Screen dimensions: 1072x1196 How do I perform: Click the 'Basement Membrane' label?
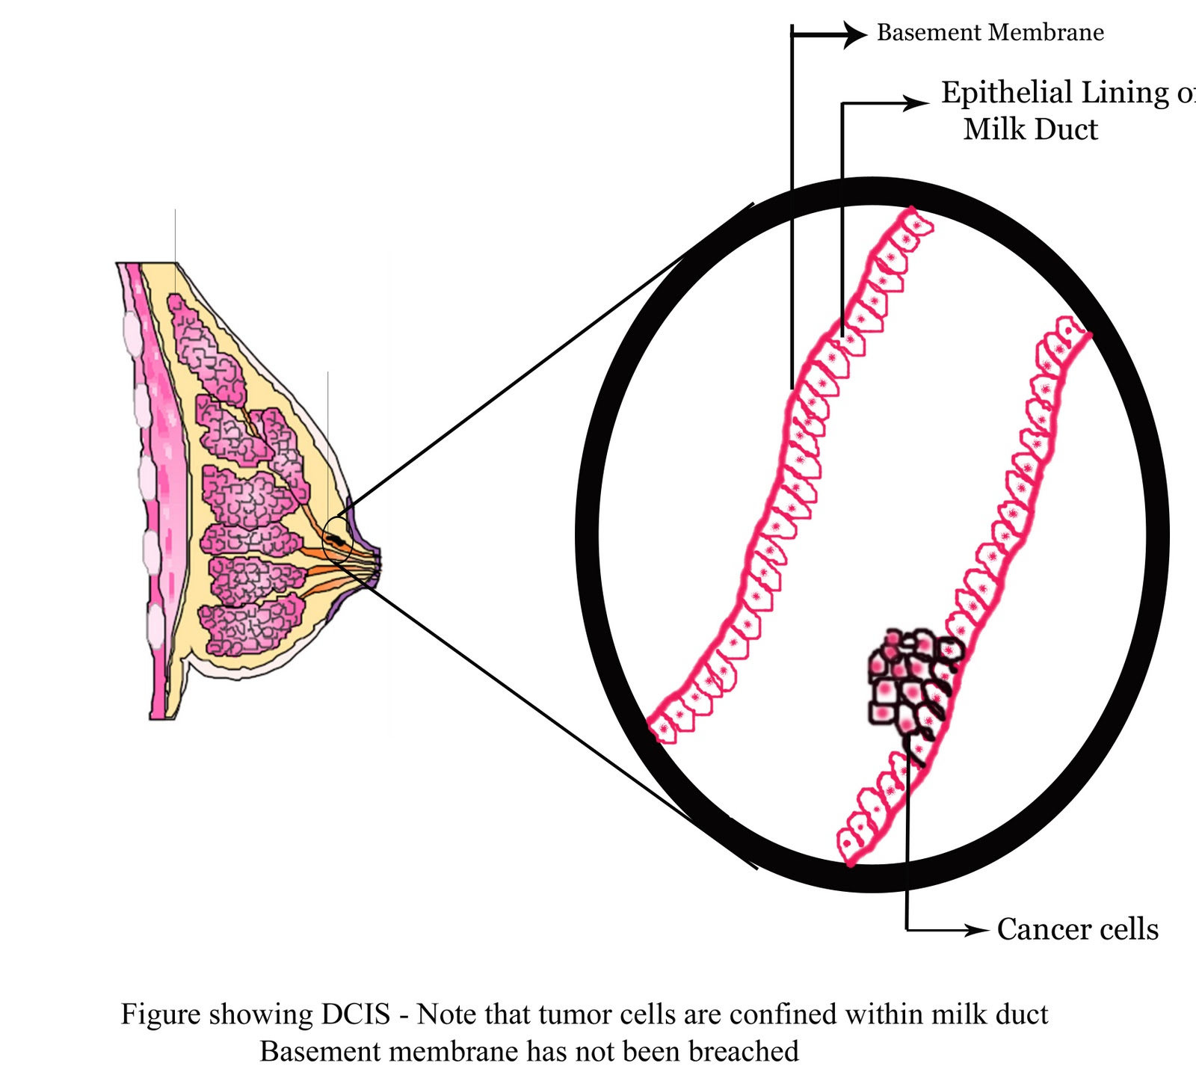pyautogui.click(x=990, y=33)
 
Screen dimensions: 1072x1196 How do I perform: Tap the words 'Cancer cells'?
pyautogui.click(x=1077, y=929)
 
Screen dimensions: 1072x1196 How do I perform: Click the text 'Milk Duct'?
pyautogui.click(x=1031, y=129)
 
